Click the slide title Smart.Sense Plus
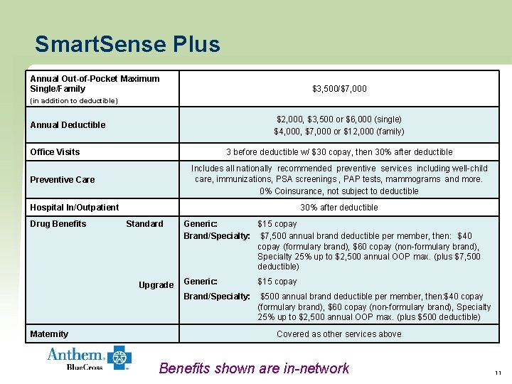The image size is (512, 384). coord(127,45)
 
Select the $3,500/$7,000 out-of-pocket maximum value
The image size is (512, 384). coord(339,89)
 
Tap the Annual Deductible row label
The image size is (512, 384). coord(68,125)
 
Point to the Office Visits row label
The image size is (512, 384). coord(55,152)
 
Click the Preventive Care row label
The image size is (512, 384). coord(62,180)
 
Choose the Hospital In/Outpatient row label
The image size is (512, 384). coord(74,208)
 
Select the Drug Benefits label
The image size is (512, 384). coord(58,224)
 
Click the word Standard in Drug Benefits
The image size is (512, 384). coord(144,224)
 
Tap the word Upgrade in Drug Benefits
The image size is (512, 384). coord(156,285)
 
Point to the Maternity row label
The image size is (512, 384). coord(49,334)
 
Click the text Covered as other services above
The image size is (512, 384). coord(338,334)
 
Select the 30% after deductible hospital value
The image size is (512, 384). coord(339,208)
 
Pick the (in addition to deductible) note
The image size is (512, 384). coord(73,101)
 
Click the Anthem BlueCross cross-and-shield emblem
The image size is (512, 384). coord(118,358)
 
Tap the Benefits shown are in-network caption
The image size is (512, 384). coord(254,368)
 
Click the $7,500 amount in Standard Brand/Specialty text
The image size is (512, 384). coord(274,236)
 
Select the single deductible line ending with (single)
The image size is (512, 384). coord(339,119)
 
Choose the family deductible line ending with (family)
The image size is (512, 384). coord(339,132)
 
